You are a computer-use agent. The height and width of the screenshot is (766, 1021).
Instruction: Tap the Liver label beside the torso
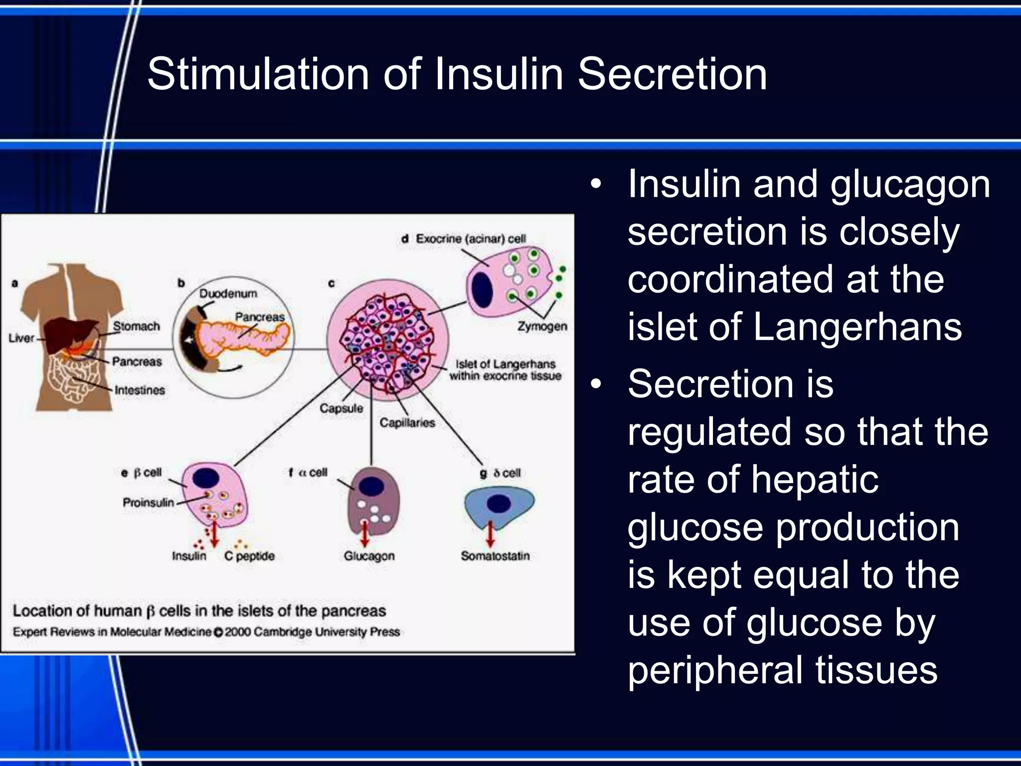[x=21, y=338]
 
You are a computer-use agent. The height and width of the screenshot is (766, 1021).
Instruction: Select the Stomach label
[x=136, y=326]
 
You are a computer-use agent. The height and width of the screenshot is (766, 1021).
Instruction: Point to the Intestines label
[x=140, y=390]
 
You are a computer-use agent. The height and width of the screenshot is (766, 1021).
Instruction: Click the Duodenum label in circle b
[x=228, y=293]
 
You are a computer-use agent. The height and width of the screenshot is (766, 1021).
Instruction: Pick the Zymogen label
[x=542, y=326]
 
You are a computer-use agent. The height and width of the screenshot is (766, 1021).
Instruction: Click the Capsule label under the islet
[x=341, y=408]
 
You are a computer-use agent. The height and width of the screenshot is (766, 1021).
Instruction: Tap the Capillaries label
[x=407, y=422]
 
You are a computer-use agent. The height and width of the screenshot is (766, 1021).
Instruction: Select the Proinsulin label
[x=149, y=502]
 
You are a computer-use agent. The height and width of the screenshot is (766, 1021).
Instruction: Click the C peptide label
[x=249, y=556]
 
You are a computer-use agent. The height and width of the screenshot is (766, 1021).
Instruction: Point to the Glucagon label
[x=369, y=556]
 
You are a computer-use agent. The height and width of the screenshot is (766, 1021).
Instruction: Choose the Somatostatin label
[x=495, y=556]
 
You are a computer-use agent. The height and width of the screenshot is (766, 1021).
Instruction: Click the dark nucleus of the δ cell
[x=499, y=504]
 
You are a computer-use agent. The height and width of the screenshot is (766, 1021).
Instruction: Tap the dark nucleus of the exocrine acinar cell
[x=482, y=289]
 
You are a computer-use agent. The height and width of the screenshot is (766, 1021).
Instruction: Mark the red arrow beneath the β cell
[x=214, y=534]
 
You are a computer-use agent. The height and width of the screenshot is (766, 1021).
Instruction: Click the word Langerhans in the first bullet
[x=857, y=327]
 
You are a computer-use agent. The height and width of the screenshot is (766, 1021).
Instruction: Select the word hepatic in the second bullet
[x=815, y=480]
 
